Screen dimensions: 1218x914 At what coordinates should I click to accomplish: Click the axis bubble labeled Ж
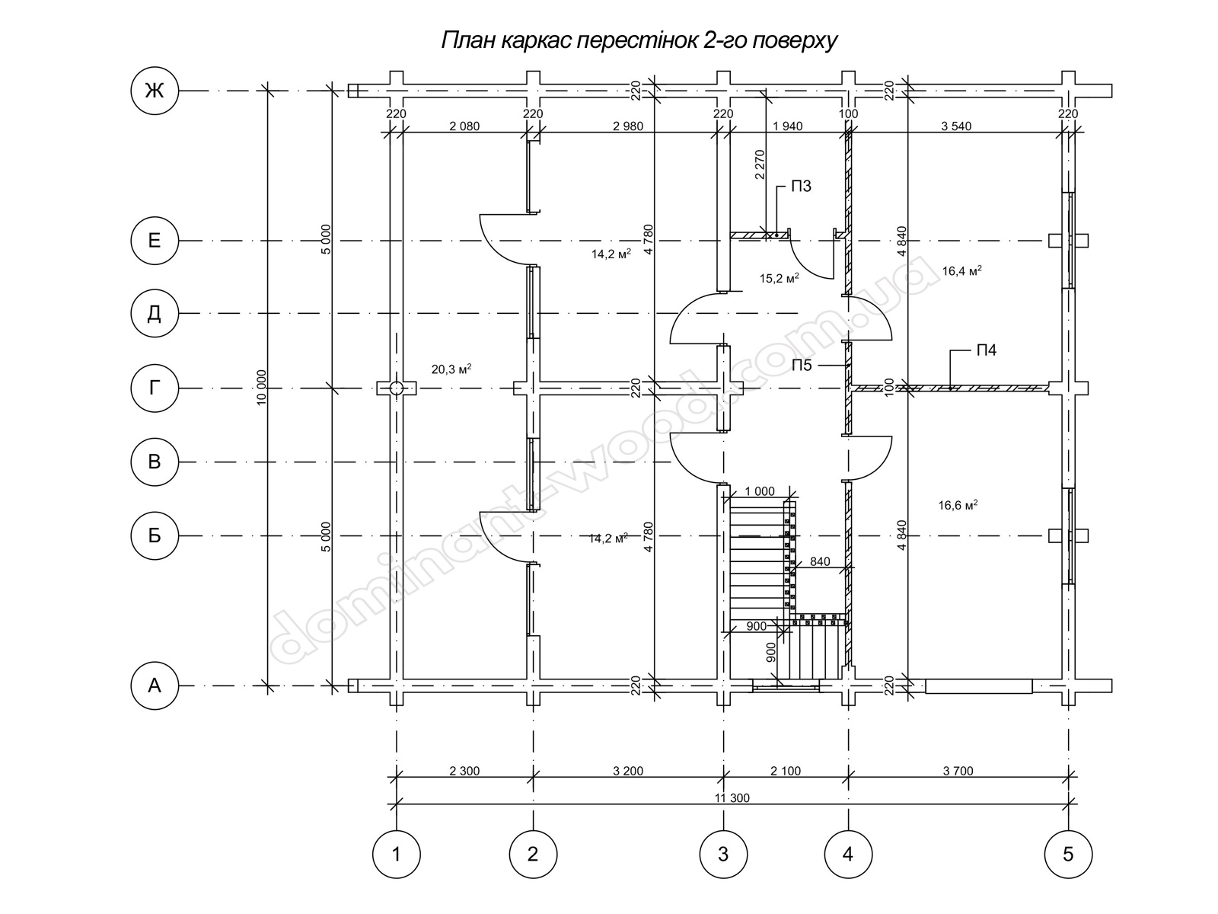[x=155, y=91]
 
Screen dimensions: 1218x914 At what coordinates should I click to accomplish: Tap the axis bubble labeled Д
[x=155, y=314]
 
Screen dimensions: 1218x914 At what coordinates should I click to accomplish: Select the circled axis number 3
[x=723, y=854]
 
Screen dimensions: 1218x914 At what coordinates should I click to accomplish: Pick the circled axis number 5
[x=1068, y=854]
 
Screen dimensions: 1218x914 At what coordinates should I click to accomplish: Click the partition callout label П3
[x=801, y=187]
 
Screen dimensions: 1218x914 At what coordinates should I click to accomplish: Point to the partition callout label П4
[x=986, y=350]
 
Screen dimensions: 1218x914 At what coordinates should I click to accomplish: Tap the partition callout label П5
[x=802, y=365]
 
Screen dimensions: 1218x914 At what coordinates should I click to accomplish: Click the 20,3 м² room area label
[x=451, y=369]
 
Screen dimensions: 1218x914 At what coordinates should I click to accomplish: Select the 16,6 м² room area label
[x=958, y=505]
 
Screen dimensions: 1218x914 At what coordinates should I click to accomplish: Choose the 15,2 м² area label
[x=779, y=278]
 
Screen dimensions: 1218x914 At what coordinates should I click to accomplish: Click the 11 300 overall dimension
[x=732, y=798]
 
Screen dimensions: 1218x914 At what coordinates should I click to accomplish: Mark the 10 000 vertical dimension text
[x=261, y=388]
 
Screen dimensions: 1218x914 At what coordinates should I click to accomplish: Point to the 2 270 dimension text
[x=760, y=165]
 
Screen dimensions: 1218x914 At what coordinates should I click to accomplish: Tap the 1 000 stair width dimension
[x=759, y=492]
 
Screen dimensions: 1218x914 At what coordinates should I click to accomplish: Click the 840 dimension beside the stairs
[x=820, y=561]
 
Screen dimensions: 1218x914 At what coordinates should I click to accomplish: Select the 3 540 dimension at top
[x=956, y=126]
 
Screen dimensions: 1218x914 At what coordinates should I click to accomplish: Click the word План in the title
[x=467, y=40]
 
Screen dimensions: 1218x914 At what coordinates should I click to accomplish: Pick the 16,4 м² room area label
[x=961, y=271]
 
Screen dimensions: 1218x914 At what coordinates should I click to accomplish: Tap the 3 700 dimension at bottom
[x=958, y=771]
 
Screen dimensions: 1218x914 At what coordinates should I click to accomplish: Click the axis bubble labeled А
[x=155, y=686]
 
